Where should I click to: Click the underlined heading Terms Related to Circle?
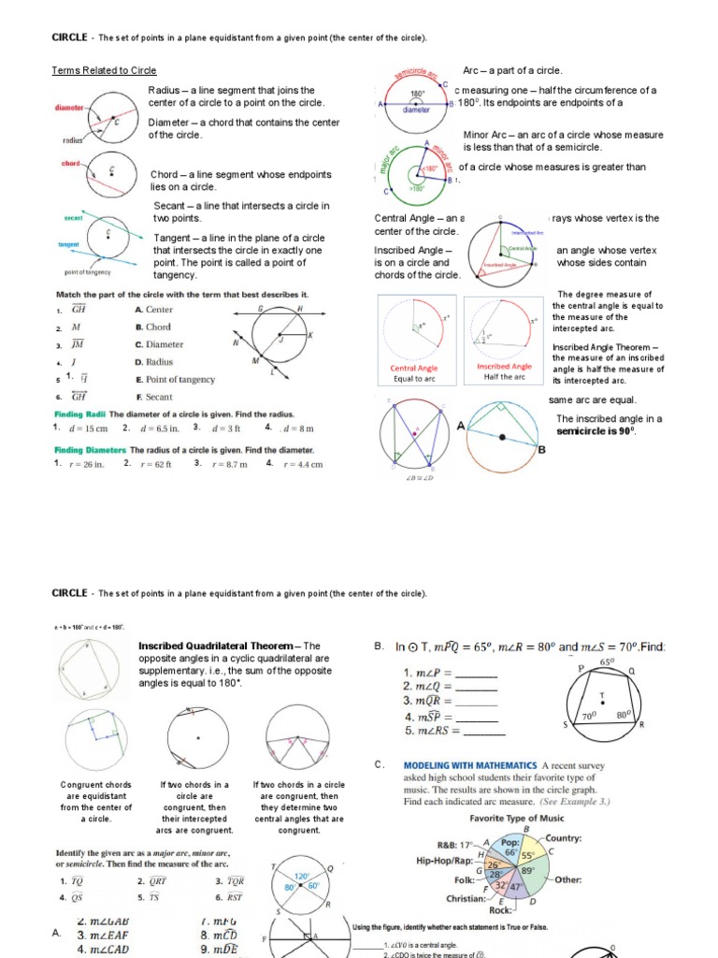pyautogui.click(x=104, y=71)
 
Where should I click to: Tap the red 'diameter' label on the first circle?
pyautogui.click(x=69, y=108)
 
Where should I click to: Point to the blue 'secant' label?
pyautogui.click(x=73, y=217)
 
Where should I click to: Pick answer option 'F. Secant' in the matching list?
pyautogui.click(x=153, y=397)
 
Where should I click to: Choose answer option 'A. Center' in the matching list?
pyautogui.click(x=153, y=310)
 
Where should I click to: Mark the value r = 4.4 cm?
pyautogui.click(x=301, y=463)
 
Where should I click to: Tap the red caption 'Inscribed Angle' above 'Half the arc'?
pyautogui.click(x=504, y=367)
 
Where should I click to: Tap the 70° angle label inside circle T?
pyautogui.click(x=589, y=714)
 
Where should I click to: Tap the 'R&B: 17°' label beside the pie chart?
pyautogui.click(x=455, y=845)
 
